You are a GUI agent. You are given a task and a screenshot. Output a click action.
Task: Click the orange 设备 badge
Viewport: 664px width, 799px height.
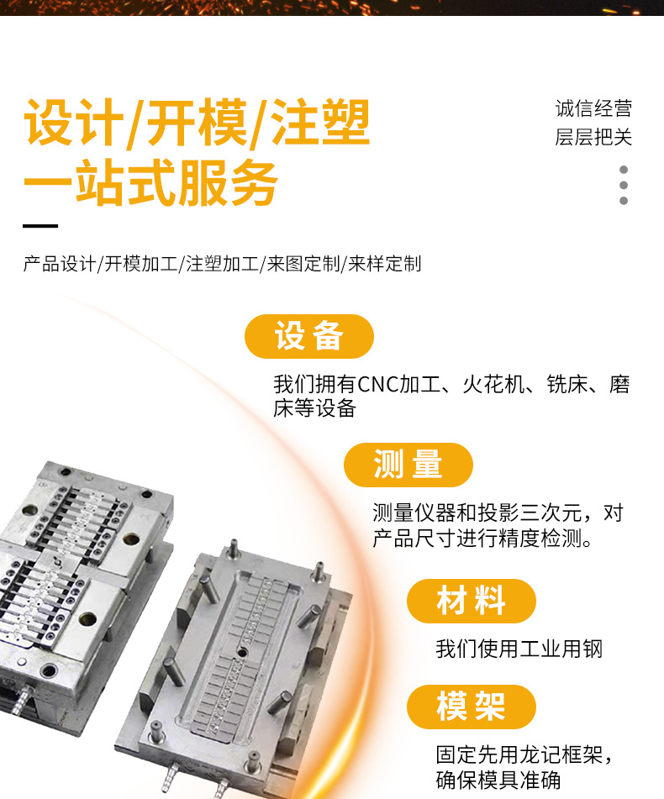click(x=309, y=336)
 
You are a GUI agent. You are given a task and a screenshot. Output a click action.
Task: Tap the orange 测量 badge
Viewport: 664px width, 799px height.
click(x=408, y=465)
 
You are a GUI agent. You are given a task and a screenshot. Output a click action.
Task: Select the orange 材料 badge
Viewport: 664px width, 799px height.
click(x=472, y=601)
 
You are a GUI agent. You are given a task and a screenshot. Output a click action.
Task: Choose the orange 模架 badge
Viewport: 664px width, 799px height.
click(x=472, y=707)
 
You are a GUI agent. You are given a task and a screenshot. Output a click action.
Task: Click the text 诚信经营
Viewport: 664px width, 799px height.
click(x=593, y=108)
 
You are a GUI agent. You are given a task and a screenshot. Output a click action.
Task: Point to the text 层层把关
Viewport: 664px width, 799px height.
click(x=593, y=137)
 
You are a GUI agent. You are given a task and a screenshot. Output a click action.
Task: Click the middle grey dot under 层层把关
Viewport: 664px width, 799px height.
click(x=623, y=185)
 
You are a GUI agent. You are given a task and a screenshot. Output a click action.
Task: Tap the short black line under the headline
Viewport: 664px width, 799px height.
click(x=40, y=226)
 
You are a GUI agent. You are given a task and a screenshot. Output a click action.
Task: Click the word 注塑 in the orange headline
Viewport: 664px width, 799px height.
click(x=320, y=123)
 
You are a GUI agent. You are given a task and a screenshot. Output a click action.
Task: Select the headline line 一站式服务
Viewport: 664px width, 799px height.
click(x=150, y=182)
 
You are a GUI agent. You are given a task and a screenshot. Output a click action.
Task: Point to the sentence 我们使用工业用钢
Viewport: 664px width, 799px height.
click(x=519, y=649)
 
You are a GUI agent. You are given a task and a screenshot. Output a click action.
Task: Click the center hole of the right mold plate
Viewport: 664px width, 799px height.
click(x=241, y=652)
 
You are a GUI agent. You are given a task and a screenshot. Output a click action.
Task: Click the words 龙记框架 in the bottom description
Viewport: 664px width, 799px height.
click(x=540, y=755)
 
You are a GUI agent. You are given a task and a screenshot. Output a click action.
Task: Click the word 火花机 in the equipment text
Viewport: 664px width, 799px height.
click(x=493, y=385)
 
